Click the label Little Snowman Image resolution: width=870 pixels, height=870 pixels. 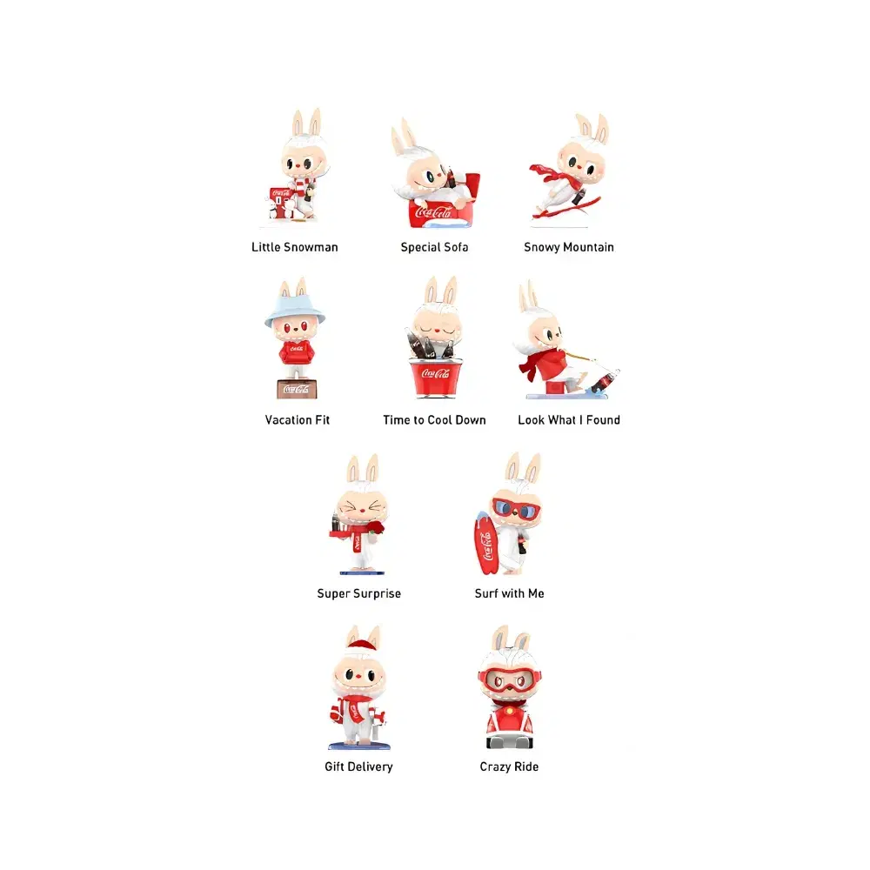click(x=294, y=247)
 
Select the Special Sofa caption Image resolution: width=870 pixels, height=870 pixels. click(x=434, y=247)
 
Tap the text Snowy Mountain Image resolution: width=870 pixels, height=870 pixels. click(x=568, y=247)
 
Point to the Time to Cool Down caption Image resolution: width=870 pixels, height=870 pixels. click(x=434, y=420)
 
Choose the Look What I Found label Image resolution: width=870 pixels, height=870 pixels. click(x=568, y=420)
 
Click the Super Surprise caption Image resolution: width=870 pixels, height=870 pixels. click(x=358, y=594)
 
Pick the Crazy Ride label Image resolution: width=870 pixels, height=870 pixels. click(x=509, y=766)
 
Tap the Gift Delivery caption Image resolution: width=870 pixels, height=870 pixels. click(x=358, y=766)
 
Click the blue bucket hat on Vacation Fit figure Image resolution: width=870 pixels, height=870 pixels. click(x=295, y=307)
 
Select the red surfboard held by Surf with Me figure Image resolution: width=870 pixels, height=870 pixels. click(x=485, y=543)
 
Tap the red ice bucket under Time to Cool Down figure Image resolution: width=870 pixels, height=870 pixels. click(x=434, y=378)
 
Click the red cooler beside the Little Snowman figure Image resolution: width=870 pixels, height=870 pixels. click(x=281, y=201)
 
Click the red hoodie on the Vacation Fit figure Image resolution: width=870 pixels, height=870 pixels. click(x=295, y=351)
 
